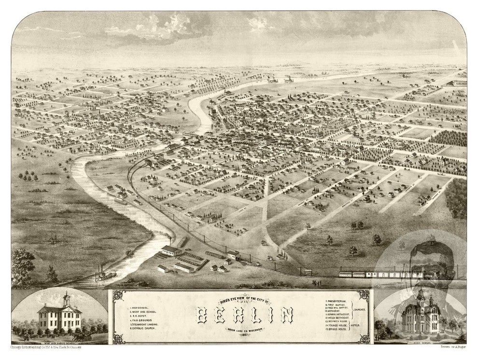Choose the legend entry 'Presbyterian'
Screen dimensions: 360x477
pyautogui.click(x=338, y=301)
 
